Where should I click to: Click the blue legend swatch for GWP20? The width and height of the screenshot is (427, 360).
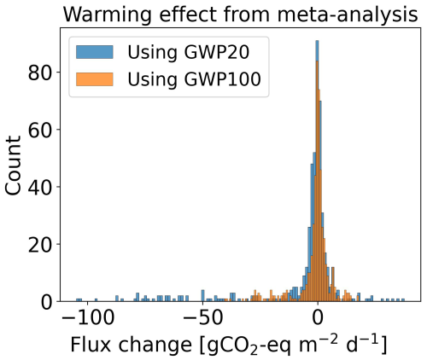91,53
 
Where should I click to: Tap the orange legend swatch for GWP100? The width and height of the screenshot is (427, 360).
91,82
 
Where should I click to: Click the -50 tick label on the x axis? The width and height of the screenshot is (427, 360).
202,322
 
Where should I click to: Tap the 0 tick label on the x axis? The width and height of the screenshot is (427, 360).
318,322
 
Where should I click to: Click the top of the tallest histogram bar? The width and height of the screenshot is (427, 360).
317,41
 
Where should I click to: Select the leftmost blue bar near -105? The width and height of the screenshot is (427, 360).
79,299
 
